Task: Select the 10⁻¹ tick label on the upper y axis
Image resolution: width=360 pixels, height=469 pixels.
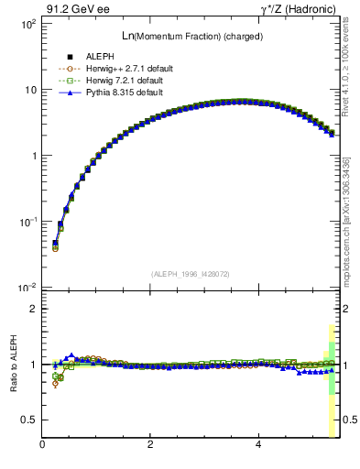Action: coord(27,222)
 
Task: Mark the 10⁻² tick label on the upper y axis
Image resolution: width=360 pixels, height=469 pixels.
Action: coord(27,288)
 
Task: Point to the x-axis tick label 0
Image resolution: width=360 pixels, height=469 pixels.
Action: coord(43,444)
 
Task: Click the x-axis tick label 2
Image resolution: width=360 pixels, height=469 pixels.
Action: coord(150,444)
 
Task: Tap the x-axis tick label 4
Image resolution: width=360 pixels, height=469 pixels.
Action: coord(258,444)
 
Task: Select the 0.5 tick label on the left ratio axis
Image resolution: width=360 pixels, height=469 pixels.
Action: coord(29,420)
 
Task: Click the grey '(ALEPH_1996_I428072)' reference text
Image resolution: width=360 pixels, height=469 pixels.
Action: coord(189,273)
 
